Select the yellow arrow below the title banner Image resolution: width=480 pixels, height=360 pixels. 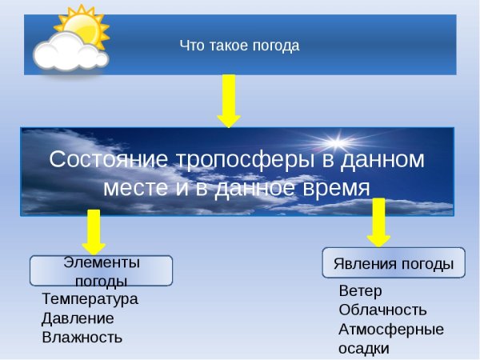229,100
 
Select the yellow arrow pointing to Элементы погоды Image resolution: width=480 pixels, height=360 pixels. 94,232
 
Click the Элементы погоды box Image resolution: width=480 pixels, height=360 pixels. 101,271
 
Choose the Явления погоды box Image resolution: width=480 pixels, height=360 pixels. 393,263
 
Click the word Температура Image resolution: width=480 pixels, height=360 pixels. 90,299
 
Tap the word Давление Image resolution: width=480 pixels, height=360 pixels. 78,318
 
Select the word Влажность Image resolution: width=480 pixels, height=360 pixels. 82,338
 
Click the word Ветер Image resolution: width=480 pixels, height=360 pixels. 360,290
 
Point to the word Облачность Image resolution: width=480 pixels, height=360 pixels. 382,310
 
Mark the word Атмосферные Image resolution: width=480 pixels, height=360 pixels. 390,330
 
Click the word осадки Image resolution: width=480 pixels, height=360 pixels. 363,349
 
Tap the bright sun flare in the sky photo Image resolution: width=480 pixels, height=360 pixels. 337,145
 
